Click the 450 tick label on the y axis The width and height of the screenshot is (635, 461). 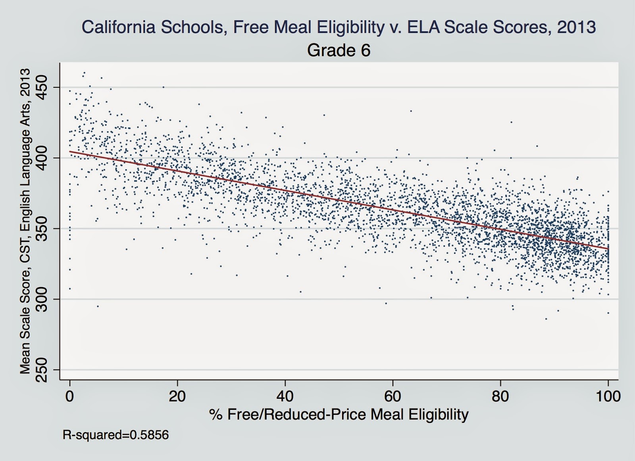(x=42, y=87)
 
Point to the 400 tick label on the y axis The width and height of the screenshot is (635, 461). (x=42, y=158)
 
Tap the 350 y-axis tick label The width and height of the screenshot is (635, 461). (x=42, y=228)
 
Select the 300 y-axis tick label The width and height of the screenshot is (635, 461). (x=42, y=299)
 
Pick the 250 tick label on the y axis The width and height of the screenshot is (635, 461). (x=42, y=369)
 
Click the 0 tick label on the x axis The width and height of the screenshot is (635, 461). (x=70, y=396)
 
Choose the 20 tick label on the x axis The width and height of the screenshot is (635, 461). (x=177, y=396)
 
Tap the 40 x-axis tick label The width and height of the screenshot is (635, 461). (x=285, y=396)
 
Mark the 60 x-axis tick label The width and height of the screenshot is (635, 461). (x=393, y=396)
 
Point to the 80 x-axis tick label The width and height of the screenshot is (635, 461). (x=500, y=396)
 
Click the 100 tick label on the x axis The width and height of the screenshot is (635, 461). (x=608, y=396)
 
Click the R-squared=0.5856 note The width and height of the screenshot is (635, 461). (x=115, y=435)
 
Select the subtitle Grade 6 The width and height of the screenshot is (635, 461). (x=339, y=50)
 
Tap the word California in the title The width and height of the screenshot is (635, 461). (x=112, y=27)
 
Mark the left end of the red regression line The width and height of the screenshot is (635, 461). (x=70, y=151)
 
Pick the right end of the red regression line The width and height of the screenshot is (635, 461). (x=608, y=249)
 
